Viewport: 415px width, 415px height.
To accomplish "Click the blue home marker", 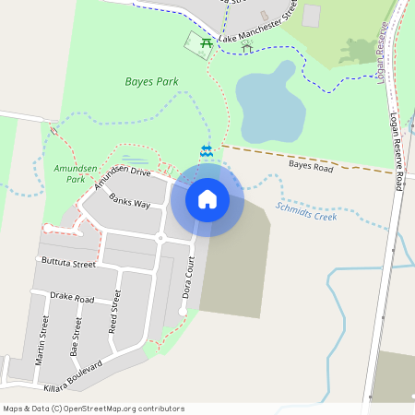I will (x=207, y=198).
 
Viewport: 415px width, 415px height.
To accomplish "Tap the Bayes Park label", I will (x=151, y=81).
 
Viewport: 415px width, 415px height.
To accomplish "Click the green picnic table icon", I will (x=206, y=41).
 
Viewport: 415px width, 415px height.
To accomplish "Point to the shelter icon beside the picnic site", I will (x=246, y=43).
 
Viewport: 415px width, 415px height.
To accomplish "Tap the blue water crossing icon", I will (x=206, y=149).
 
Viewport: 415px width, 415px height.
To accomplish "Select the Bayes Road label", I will (x=310, y=166).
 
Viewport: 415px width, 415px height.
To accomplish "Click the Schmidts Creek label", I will (x=306, y=211).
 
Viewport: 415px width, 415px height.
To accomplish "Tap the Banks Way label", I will (x=129, y=201).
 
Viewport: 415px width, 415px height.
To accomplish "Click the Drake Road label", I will (x=72, y=299).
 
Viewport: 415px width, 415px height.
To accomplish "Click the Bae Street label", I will (x=76, y=337).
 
